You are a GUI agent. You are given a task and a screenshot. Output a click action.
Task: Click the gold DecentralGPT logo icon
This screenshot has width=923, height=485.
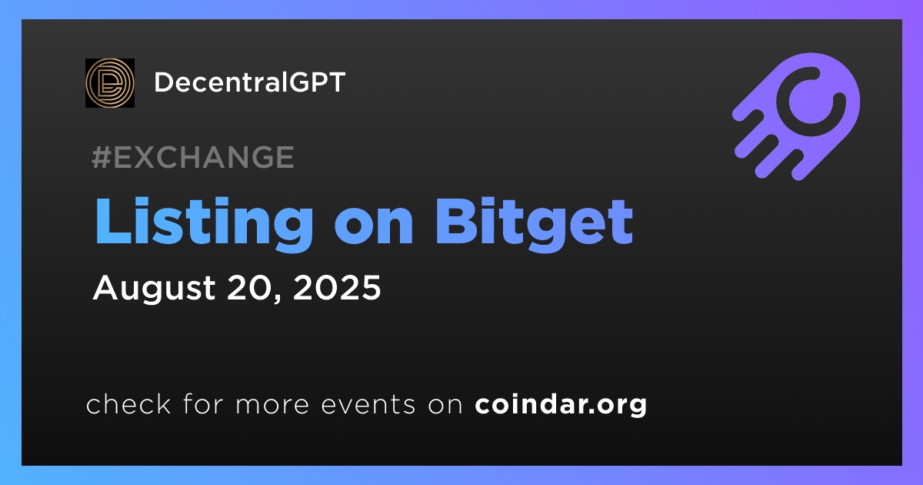(x=110, y=83)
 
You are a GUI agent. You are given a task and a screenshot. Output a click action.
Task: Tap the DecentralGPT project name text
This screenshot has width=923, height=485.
(x=250, y=82)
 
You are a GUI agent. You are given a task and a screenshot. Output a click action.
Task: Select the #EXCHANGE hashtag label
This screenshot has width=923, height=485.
(x=193, y=157)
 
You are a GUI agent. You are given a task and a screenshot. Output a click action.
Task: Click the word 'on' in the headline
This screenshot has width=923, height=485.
(x=374, y=228)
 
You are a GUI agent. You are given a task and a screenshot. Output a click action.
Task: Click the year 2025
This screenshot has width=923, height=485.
(x=337, y=287)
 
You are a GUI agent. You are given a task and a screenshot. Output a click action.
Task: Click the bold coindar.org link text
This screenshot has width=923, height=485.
(x=561, y=405)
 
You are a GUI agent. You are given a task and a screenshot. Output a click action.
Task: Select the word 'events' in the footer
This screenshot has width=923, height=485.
(x=368, y=405)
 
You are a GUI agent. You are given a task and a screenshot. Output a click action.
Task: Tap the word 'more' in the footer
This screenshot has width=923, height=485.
(x=272, y=406)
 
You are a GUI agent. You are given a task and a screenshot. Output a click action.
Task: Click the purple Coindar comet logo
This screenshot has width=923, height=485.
(x=797, y=116)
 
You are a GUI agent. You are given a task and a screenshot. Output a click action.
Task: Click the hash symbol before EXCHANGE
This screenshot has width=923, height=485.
(x=102, y=157)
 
